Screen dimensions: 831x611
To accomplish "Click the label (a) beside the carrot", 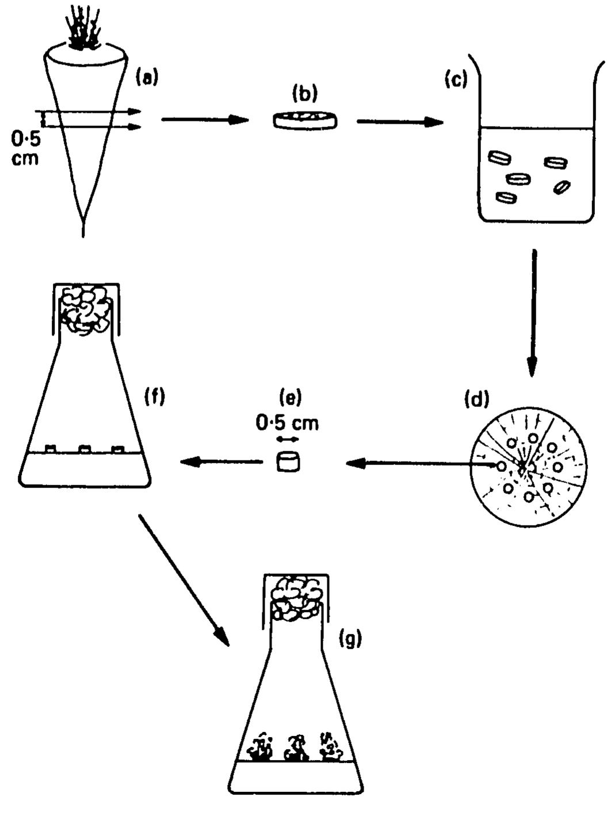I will [146, 77].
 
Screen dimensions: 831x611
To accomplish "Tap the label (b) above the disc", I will [305, 93].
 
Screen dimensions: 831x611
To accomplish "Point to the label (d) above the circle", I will [476, 398].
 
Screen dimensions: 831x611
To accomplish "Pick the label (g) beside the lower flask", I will [350, 639].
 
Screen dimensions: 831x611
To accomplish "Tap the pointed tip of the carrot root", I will [84, 227].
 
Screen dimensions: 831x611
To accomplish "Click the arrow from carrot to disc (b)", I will [204, 120].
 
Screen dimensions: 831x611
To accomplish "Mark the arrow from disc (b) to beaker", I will [399, 122].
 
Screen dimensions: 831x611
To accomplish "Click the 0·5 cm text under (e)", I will [287, 423].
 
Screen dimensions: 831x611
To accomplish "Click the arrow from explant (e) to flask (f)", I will [222, 461].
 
